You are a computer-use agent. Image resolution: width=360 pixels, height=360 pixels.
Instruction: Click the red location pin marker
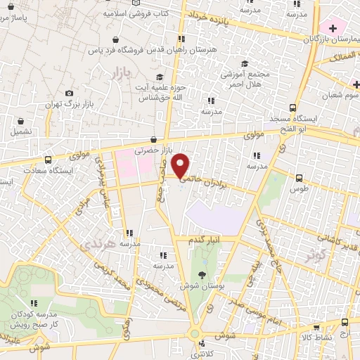click(x=181, y=165)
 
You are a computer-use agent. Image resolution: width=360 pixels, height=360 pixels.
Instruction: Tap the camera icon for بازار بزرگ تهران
click(x=69, y=93)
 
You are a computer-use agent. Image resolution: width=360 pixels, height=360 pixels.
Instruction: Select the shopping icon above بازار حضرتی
click(x=153, y=139)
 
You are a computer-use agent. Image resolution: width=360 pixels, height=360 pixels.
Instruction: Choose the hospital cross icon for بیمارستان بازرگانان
click(x=332, y=27)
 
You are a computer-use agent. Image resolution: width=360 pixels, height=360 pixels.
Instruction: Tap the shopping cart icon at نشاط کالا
click(x=316, y=327)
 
